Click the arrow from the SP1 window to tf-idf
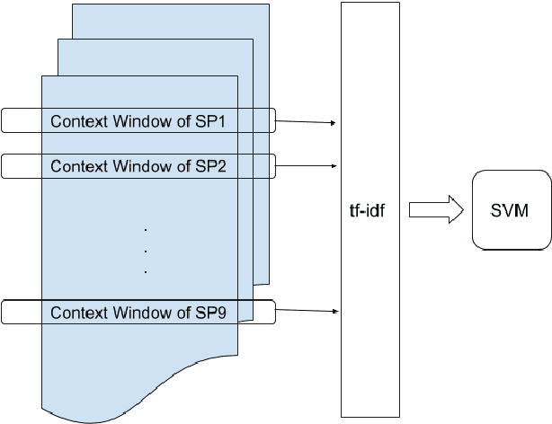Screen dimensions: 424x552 (306, 121)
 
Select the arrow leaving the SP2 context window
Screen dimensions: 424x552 (306, 165)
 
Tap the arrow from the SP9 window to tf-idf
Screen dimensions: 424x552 (306, 312)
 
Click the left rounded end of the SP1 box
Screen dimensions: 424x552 (4, 120)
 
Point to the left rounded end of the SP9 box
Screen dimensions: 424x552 (4, 312)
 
